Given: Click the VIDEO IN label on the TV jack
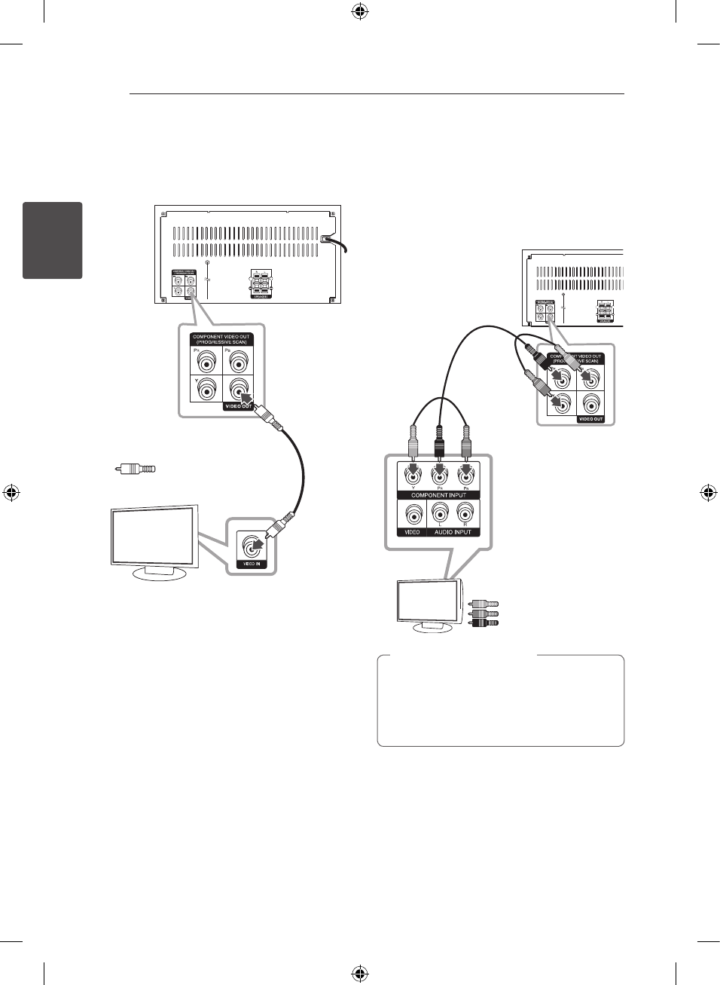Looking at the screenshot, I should pos(252,564).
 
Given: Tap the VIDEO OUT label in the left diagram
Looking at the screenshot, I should pos(237,406).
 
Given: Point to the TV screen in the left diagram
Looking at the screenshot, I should pos(154,536).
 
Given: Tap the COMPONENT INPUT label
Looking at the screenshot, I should pos(438,495).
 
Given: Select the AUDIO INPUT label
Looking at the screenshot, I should pos(453,532).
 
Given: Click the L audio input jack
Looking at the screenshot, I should pos(441,513).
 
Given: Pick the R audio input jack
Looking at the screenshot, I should pos(465,513).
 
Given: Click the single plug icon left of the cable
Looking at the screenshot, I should pos(136,470).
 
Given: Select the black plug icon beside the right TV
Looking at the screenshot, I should pos(484,623).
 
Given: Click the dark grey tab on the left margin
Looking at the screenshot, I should pos(53,240).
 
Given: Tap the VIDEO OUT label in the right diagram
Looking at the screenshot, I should pos(590,419).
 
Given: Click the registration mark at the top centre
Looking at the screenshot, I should pos(360,11).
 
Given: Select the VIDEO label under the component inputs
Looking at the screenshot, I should pos(412,532).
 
